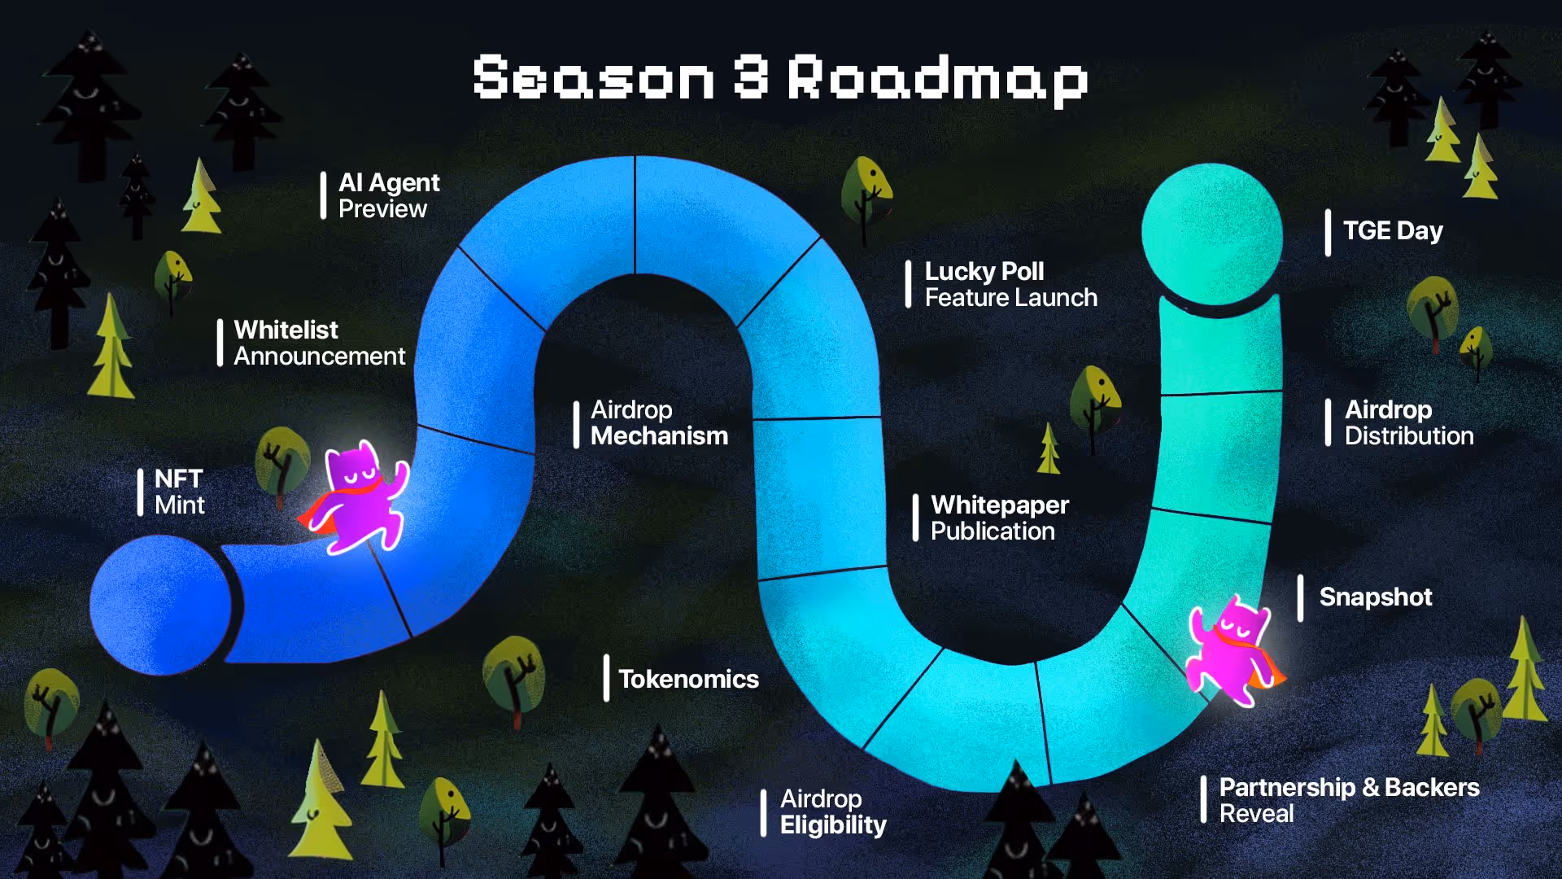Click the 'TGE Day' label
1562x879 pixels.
[1393, 231]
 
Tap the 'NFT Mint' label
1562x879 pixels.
[180, 492]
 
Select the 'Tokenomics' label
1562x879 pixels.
[688, 679]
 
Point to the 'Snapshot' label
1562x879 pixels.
[1376, 597]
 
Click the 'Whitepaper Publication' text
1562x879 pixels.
[1000, 518]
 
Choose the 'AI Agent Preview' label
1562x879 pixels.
[389, 195]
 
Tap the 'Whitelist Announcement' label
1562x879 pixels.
[320, 343]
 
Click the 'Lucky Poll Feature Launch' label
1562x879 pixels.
[1011, 284]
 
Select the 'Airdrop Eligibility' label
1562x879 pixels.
[833, 811]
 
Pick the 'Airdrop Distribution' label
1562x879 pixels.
[1409, 422]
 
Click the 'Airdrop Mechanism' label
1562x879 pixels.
[659, 422]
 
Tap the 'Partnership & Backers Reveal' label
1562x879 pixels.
[1349, 800]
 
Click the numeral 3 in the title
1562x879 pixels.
[751, 77]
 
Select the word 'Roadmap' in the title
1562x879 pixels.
[938, 79]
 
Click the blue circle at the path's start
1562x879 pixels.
[160, 605]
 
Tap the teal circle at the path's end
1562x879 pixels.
[1211, 234]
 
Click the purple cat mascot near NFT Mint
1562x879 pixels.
[355, 498]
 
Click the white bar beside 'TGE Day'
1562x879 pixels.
[1328, 233]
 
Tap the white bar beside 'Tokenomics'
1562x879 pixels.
[606, 678]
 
